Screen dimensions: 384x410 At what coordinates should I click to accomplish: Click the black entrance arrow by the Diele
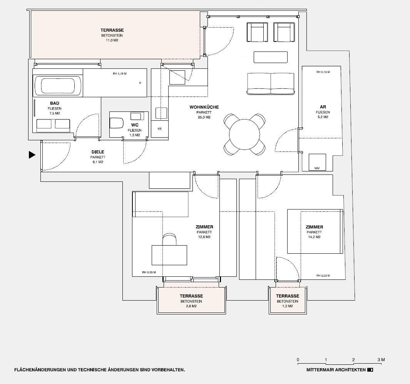(32, 155)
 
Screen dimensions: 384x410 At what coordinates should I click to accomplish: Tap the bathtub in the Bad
(58, 86)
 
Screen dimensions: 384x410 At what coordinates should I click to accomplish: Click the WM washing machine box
(317, 162)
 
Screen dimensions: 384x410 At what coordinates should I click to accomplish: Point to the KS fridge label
(159, 129)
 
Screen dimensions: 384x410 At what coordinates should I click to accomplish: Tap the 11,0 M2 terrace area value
(112, 40)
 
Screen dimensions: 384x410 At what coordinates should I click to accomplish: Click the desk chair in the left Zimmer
(170, 239)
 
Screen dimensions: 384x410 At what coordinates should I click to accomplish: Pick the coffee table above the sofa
(270, 57)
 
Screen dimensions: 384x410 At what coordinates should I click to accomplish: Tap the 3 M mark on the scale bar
(381, 360)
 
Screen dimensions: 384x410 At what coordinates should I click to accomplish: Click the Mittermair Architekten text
(336, 370)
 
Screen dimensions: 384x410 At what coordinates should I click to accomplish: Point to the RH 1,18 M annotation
(120, 73)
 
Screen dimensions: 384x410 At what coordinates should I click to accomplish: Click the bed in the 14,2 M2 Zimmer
(315, 231)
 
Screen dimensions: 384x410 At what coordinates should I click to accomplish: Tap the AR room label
(323, 107)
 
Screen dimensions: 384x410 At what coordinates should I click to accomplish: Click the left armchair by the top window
(257, 33)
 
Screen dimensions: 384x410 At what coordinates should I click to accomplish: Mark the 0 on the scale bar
(298, 360)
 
